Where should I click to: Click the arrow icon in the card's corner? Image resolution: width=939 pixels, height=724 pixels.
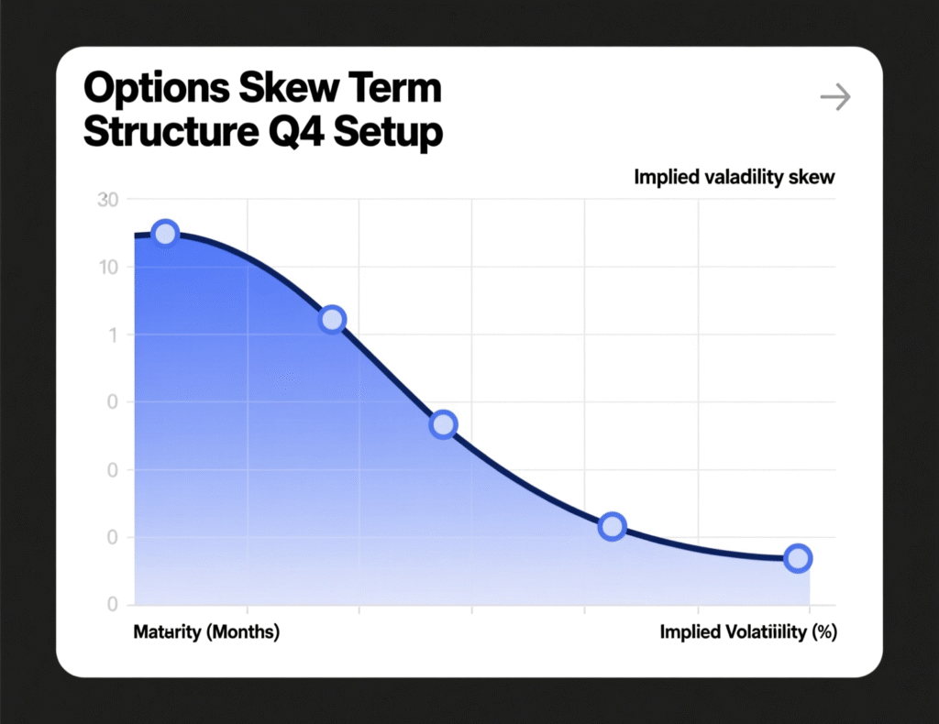(x=834, y=97)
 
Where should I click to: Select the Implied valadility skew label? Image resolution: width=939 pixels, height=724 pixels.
(x=734, y=177)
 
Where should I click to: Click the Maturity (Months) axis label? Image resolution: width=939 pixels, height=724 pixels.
(x=206, y=632)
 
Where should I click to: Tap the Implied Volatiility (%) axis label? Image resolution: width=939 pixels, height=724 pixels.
(x=747, y=632)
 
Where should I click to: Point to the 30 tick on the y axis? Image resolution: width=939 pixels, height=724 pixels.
(x=107, y=200)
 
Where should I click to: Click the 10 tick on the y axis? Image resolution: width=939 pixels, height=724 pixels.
(x=107, y=268)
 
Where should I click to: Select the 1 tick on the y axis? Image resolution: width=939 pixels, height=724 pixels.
(x=113, y=335)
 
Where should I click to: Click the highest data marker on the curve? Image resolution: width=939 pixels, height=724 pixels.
(x=165, y=234)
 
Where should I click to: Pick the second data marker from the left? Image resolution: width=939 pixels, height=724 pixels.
(x=332, y=319)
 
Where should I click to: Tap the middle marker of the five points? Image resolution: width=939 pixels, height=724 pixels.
(x=443, y=424)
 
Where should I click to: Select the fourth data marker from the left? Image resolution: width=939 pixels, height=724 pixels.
(x=612, y=526)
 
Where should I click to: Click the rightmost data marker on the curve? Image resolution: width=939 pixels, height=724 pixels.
(x=798, y=558)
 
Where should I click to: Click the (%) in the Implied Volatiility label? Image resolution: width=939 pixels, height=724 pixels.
(x=822, y=632)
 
